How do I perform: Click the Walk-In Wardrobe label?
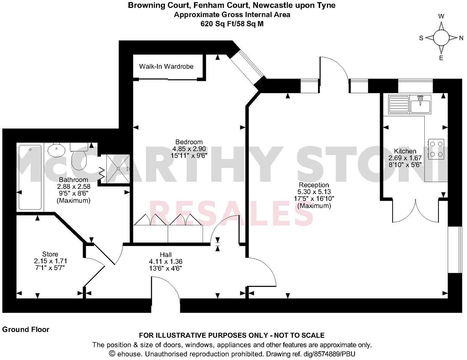click(166, 66)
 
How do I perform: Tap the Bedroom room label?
click(189, 142)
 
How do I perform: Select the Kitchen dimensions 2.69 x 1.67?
click(405, 158)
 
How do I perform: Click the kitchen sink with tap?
click(420, 104)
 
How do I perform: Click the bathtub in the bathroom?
click(30, 177)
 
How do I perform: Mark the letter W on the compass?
click(442, 16)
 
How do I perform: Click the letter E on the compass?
click(441, 58)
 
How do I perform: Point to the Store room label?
click(50, 254)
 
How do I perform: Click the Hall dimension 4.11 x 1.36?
click(166, 261)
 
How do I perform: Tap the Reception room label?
click(314, 185)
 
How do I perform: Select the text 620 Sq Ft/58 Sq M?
click(232, 24)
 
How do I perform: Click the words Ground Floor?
click(26, 329)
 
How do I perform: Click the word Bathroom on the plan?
click(73, 180)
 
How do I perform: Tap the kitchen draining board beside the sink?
click(398, 104)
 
